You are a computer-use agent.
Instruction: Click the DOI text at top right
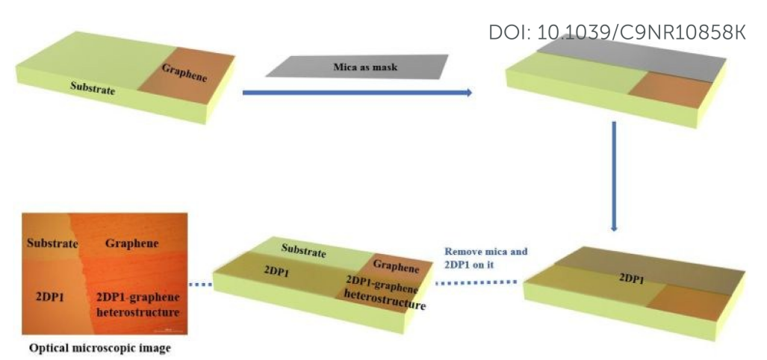click(x=617, y=33)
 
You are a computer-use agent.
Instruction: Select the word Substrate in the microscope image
click(x=50, y=243)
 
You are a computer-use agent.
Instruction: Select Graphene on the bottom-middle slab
click(x=396, y=266)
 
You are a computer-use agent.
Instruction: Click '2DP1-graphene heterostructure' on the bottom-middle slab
click(x=385, y=294)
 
